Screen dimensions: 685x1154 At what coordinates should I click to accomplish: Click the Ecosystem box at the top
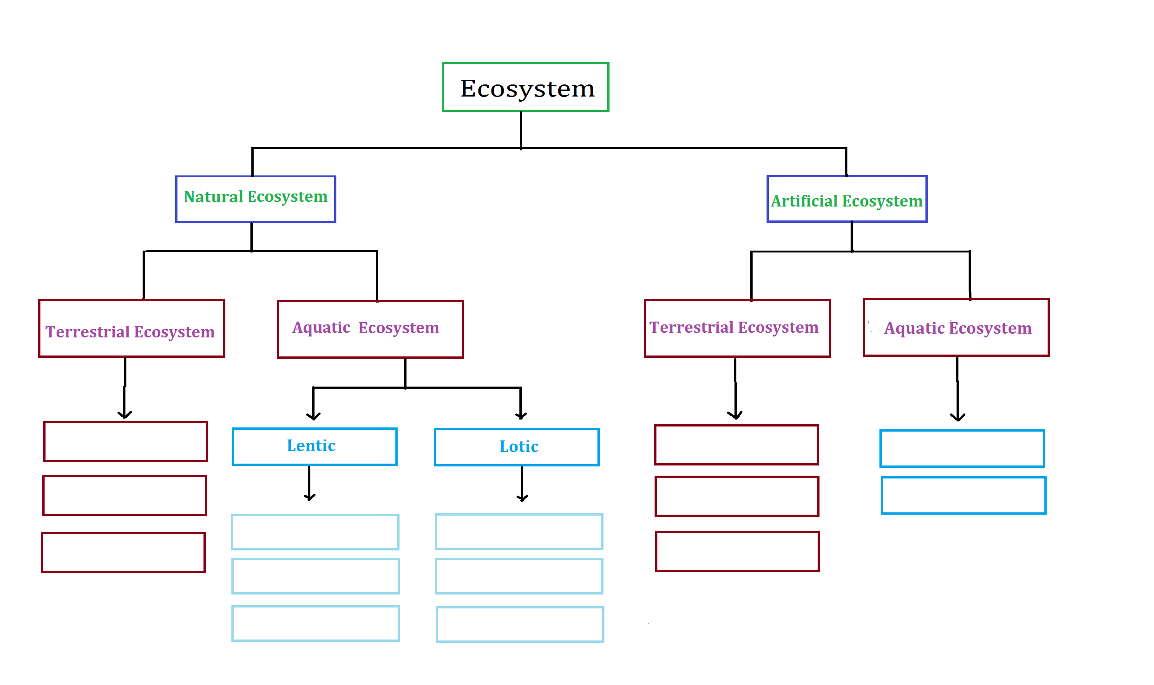[x=525, y=87]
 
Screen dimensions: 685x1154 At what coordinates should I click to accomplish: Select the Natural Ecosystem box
[x=256, y=199]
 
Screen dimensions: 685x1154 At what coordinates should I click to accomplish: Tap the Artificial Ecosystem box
[x=846, y=199]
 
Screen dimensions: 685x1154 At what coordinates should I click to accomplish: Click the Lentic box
[x=315, y=446]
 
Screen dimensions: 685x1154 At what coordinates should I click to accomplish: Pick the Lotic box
[x=517, y=447]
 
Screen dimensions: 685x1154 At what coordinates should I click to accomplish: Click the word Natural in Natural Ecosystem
[x=213, y=197]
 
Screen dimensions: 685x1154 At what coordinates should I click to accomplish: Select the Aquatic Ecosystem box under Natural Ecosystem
[x=370, y=329]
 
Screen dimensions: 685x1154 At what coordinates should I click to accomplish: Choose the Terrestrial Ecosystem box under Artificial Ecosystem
[x=737, y=328]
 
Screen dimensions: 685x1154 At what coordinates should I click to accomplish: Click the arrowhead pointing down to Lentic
[x=314, y=416]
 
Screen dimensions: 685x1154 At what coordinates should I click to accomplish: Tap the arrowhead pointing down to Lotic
[x=521, y=416]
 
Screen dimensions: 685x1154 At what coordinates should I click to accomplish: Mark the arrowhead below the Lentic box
[x=309, y=497]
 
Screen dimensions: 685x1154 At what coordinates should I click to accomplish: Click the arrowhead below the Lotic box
[x=522, y=498]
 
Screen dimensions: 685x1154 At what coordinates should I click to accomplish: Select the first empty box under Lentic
[x=315, y=532]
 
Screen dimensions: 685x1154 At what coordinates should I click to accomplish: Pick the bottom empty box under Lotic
[x=520, y=624]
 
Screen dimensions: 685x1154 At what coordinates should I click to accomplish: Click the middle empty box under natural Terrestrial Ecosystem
[x=125, y=495]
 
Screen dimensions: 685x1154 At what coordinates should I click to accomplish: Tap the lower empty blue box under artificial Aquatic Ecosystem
[x=964, y=495]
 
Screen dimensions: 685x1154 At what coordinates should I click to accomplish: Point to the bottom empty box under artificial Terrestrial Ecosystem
[x=737, y=551]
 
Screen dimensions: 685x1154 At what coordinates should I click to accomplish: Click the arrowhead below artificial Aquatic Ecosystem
[x=957, y=417]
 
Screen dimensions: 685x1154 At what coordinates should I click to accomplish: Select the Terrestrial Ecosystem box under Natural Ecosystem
[x=131, y=329]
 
